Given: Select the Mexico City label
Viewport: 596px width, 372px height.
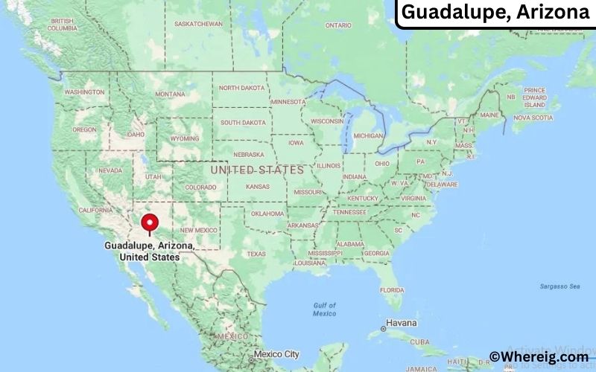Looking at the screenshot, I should (276, 354).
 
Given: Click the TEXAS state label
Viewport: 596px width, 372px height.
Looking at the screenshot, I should (256, 254).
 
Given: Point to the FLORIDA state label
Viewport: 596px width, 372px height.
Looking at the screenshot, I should (391, 289).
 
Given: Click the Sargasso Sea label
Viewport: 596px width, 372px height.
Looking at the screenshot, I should (559, 286).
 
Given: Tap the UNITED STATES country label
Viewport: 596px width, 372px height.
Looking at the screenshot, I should (257, 170).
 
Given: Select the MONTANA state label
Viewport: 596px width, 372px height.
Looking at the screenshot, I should (170, 94).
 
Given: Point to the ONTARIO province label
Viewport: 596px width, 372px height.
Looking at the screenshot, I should (337, 25).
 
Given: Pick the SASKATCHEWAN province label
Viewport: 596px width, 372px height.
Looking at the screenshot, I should (198, 24).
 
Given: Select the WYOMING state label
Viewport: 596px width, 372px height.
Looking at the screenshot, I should (185, 138).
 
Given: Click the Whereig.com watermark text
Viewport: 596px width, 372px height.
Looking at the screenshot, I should (539, 357).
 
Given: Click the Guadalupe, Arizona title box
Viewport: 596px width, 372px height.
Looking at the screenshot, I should (495, 13).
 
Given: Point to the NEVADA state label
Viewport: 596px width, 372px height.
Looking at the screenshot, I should (110, 170).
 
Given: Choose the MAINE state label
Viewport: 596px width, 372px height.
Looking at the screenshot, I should (489, 115).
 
